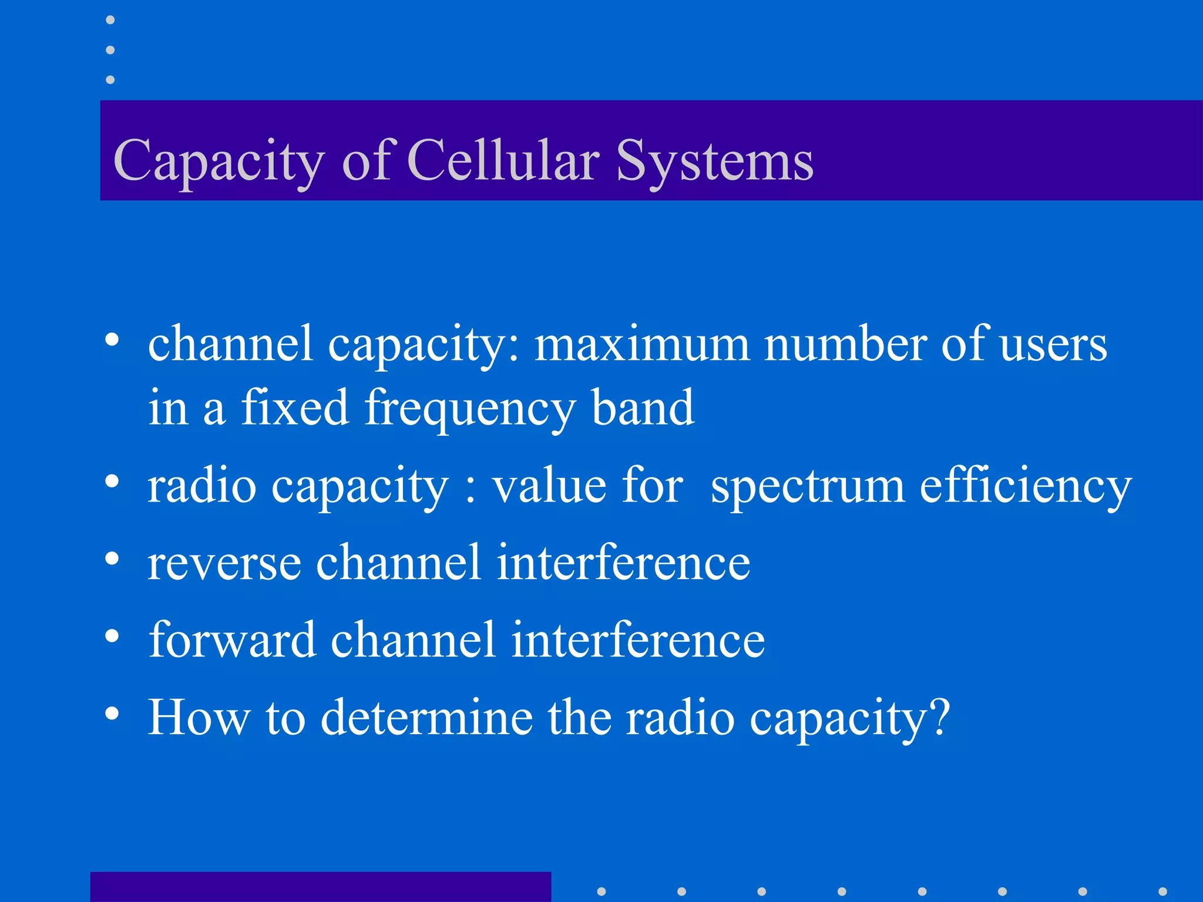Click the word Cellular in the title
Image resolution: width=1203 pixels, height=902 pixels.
point(503,160)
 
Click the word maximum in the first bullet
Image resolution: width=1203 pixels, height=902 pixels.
point(641,345)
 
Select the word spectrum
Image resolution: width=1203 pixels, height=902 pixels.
point(808,487)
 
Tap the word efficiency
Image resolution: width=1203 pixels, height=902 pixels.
point(1025,487)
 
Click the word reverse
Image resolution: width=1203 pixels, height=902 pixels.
point(224,563)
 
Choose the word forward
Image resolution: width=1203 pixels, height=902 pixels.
point(232,640)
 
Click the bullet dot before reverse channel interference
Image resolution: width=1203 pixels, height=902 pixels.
point(112,558)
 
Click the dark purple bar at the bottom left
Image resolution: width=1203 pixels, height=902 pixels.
point(320,887)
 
